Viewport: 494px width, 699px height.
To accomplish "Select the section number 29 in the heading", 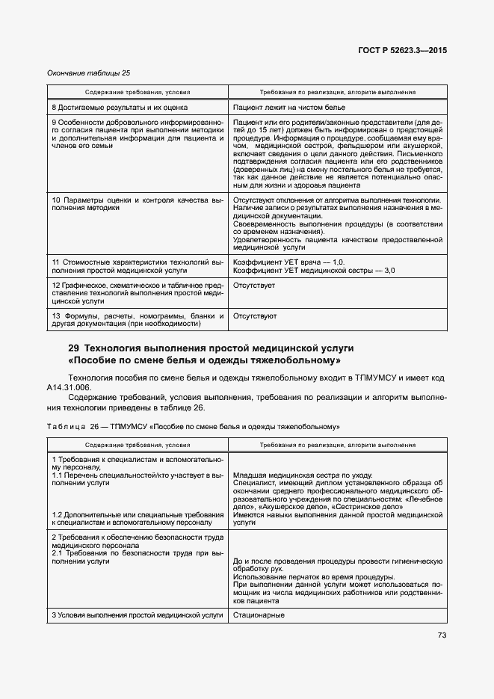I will pyautogui.click(x=73, y=348).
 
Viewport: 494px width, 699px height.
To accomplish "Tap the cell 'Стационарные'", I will pyautogui.click(x=259, y=615).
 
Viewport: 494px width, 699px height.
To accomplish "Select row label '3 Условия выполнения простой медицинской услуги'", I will pyautogui.click(x=138, y=615).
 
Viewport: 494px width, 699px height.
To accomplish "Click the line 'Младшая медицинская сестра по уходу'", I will pyautogui.click(x=303, y=475).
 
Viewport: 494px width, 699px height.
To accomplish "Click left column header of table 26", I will pyautogui.click(x=138, y=445).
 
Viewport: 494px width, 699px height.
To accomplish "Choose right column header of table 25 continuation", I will pyautogui.click(x=338, y=92).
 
